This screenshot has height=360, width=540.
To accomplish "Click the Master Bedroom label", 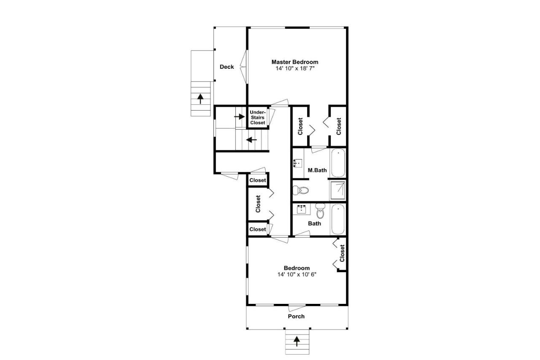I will pos(294,62).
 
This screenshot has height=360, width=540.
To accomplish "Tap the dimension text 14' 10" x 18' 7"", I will pos(294,68).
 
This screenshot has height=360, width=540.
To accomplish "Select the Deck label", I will pos(227,67).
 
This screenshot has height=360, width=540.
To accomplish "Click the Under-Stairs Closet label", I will pos(258,117).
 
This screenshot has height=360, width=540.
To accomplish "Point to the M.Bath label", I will pos(317,170).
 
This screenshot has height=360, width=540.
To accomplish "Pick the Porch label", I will pos(296,316).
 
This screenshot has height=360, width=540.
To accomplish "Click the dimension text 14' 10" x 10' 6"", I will pos(297,274).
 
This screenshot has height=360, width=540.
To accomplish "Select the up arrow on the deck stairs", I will pos(200,98).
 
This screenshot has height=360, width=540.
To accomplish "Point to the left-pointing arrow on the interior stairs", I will pos(252,140).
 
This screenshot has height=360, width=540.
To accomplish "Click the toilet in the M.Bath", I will pos(301,190).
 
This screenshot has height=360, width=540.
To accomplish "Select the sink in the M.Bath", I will pos(298,162).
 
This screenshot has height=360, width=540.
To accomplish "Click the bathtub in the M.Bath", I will pos(338,162).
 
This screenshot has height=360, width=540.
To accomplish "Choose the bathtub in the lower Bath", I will pos(338,219).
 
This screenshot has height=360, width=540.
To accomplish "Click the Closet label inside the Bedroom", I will pos(342,253).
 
